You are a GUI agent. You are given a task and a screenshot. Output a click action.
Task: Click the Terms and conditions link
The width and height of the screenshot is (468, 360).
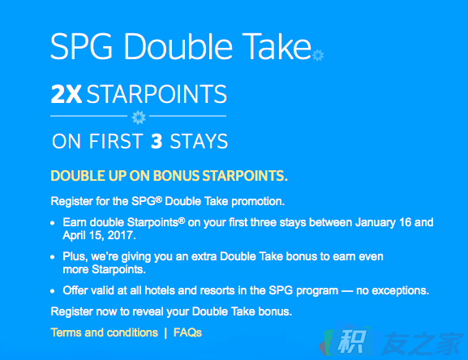tap(104, 332)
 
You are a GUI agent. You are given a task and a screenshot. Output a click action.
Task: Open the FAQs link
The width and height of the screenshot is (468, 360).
tap(187, 332)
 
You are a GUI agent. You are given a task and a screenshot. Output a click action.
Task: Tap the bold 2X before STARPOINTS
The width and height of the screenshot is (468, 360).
tap(67, 94)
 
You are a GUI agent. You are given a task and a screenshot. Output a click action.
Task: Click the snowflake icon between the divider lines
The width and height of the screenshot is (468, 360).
tap(139, 117)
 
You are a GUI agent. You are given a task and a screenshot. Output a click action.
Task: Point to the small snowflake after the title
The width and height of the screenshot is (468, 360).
tap(318, 55)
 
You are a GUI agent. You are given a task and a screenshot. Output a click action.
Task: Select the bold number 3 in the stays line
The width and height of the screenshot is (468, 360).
tap(157, 141)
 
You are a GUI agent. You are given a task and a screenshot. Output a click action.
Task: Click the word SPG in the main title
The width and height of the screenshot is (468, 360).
tap(81, 47)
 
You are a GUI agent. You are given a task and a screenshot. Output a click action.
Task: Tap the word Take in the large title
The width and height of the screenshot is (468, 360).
tap(277, 46)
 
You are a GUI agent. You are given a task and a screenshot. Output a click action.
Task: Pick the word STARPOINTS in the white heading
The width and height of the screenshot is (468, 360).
tap(157, 94)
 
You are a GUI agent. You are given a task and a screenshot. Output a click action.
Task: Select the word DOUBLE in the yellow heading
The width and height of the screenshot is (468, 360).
tap(78, 176)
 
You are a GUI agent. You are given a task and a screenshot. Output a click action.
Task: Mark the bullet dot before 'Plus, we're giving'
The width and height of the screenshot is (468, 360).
tap(53, 257)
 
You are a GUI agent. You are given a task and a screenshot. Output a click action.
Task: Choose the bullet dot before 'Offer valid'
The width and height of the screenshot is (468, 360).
tap(53, 291)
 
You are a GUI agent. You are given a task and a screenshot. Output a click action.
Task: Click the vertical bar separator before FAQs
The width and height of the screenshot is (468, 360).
tap(165, 333)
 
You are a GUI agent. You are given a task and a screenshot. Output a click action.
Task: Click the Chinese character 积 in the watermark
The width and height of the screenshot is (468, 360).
tap(352, 341)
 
